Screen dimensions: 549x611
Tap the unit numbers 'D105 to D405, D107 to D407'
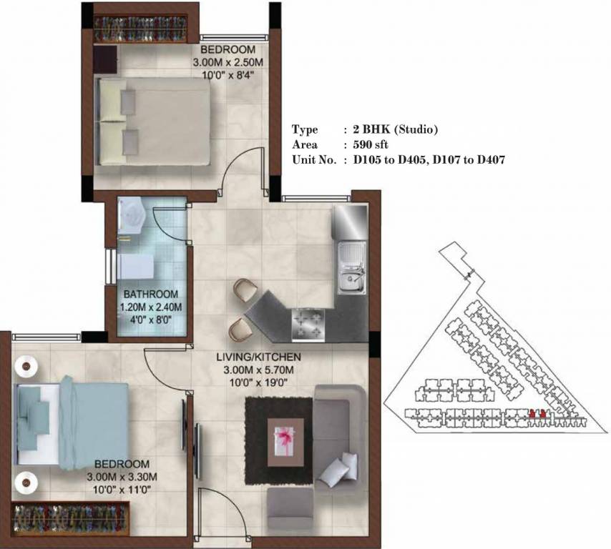pos(429,161)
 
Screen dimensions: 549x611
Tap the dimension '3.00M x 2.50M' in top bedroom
pos(228,62)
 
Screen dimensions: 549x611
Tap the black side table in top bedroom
pos(104,58)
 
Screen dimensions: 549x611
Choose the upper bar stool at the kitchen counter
pos(244,290)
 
